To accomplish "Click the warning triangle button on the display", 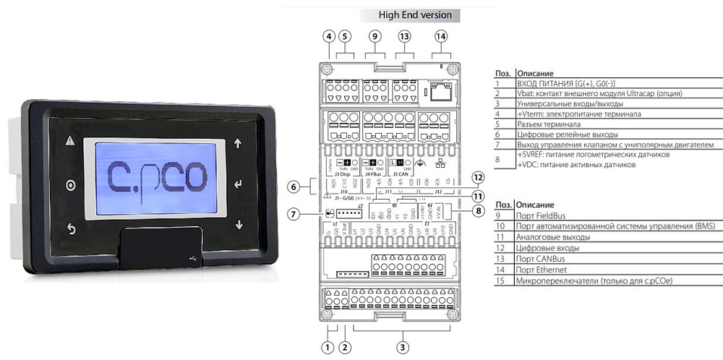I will click(x=70, y=142).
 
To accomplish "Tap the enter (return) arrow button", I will click(x=239, y=184).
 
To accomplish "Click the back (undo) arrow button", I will click(x=71, y=229).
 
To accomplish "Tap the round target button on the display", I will click(x=70, y=185).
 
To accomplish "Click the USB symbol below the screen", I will click(x=189, y=257).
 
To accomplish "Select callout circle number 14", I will click(x=441, y=36).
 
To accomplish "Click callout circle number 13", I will click(x=405, y=36).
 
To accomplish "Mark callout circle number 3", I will click(x=403, y=348).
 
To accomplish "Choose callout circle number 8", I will click(x=476, y=211).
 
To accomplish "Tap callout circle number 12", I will click(x=476, y=177).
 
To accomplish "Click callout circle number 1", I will click(x=328, y=348).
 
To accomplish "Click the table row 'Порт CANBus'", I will click(x=542, y=257).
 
